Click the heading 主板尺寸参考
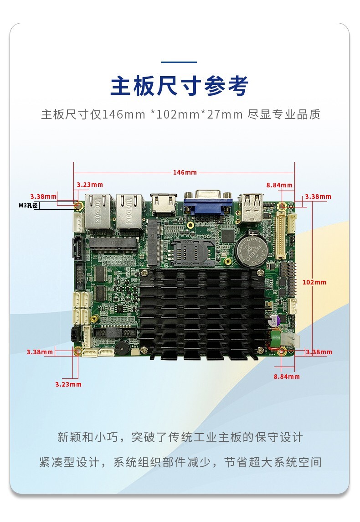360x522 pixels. click(180, 86)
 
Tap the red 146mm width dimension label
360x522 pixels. click(184, 172)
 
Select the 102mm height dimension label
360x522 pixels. click(314, 282)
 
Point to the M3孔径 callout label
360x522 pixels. click(28, 206)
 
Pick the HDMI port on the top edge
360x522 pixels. click(164, 205)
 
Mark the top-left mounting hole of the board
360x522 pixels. click(78, 206)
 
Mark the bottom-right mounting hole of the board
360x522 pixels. click(283, 351)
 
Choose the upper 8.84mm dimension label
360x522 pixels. click(279, 185)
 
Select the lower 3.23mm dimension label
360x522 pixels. click(68, 384)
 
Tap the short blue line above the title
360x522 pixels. click(180, 62)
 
